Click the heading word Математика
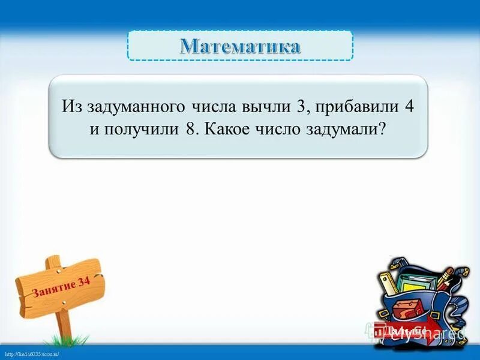pos(240,46)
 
